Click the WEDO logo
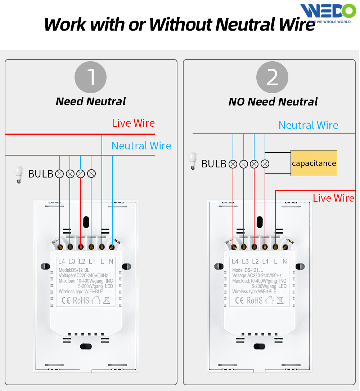(328, 12)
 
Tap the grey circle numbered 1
(90, 77)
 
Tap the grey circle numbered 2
(272, 77)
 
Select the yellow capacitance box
(314, 163)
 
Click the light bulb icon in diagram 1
(18, 174)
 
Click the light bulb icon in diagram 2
(193, 161)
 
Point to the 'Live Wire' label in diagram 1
(133, 123)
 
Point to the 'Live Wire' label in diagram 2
(333, 198)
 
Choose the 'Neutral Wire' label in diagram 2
(309, 125)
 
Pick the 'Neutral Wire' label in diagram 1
(141, 146)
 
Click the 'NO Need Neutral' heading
(273, 102)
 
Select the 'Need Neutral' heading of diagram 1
(91, 102)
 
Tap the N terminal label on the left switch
(111, 261)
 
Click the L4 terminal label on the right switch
(235, 261)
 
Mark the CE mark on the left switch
(66, 300)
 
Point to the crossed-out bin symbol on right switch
(280, 300)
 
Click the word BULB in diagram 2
(214, 164)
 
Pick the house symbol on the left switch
(96, 300)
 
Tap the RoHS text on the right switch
(254, 300)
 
